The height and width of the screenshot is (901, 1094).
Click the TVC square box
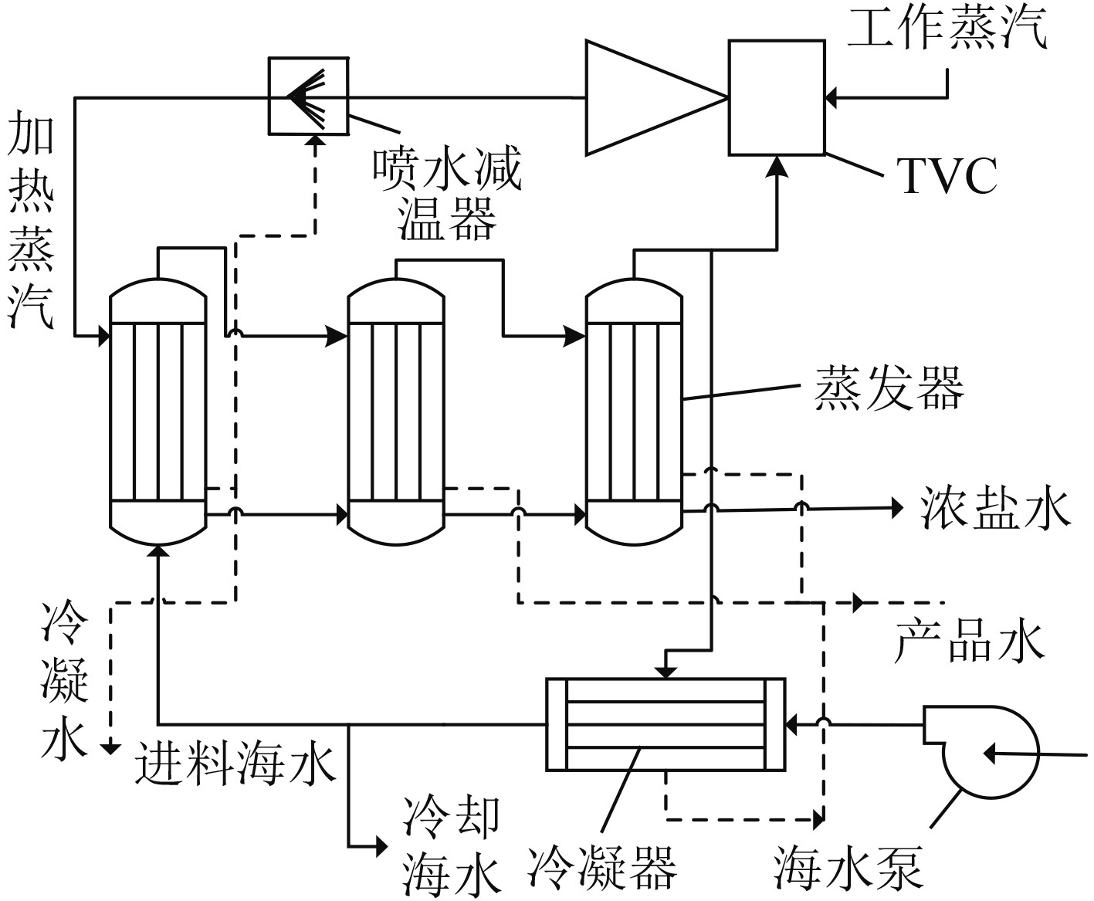(777, 97)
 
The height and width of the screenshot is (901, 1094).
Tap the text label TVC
(947, 177)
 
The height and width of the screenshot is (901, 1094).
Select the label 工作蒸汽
(947, 29)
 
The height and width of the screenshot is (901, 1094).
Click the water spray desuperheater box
(307, 94)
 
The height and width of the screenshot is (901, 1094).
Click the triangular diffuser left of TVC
(652, 97)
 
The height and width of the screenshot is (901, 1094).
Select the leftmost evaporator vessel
(158, 413)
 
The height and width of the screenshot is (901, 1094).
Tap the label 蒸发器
(889, 387)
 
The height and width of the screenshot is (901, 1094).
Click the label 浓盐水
(995, 508)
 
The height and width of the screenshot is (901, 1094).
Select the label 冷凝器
(602, 866)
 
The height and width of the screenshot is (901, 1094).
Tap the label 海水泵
(850, 867)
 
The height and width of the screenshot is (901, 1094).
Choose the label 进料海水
(235, 764)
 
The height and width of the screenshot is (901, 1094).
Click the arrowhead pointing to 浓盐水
(896, 507)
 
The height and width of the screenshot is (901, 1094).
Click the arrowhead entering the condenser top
(666, 672)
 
